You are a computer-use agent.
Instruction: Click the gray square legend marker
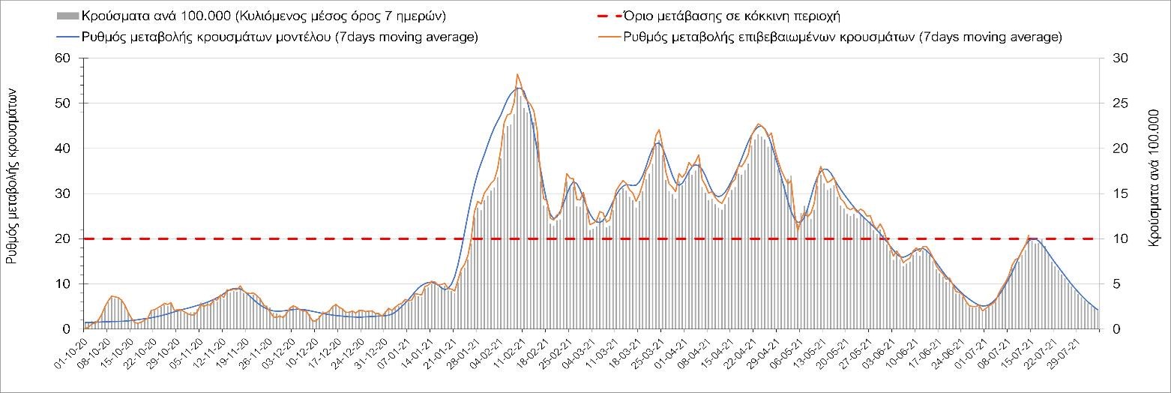(x=67, y=16)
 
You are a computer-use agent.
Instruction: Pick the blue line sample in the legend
(x=67, y=37)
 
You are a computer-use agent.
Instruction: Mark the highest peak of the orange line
(x=517, y=74)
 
